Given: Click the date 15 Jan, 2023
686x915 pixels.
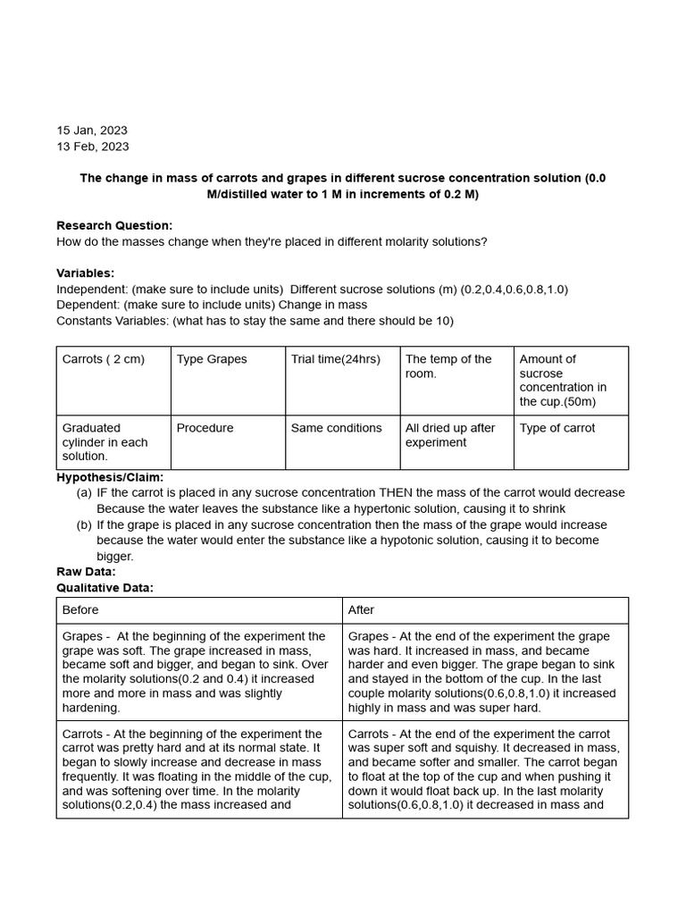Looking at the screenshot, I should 92,130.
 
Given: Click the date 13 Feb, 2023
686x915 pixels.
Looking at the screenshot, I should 92,147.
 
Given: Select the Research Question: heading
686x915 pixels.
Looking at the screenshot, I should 114,225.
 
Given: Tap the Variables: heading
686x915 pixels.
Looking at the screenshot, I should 85,273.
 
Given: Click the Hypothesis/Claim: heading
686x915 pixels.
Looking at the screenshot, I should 110,477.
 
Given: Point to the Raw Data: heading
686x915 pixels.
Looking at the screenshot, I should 86,572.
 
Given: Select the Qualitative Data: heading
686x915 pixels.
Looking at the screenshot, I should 105,587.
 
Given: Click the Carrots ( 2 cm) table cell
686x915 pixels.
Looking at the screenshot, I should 104,359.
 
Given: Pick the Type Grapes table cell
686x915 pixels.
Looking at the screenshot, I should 212,359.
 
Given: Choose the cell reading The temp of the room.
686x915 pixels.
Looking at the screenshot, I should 448,366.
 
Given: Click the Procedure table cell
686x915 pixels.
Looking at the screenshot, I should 205,428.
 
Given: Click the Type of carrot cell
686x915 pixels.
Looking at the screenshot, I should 558,428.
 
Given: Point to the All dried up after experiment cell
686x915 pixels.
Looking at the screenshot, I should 450,435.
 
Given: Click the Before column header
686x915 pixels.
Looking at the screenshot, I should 80,610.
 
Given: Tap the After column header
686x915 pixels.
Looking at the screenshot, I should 361,610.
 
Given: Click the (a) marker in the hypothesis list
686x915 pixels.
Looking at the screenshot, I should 84,493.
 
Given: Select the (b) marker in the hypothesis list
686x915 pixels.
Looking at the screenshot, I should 84,525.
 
